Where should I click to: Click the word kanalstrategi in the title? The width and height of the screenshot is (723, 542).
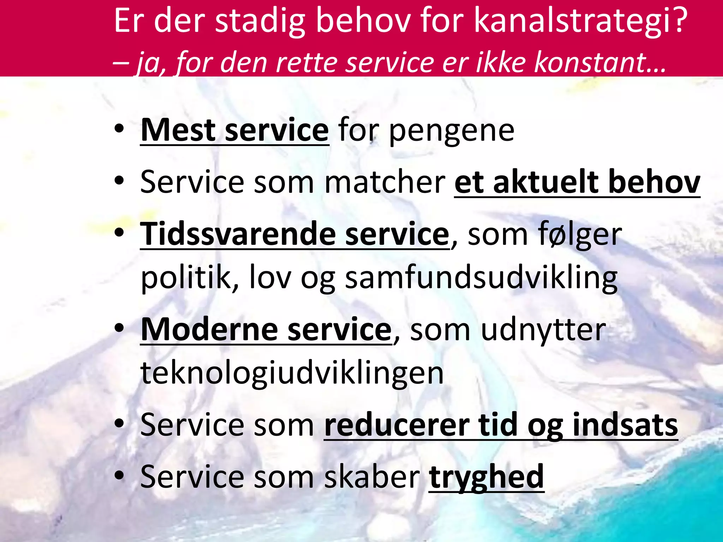[x=568, y=22]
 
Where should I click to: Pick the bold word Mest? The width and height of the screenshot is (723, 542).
[x=178, y=130]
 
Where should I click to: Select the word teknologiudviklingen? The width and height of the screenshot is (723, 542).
[x=292, y=373]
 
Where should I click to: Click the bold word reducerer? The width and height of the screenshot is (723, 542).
[x=396, y=425]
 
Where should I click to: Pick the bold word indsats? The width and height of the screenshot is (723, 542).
[x=625, y=425]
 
